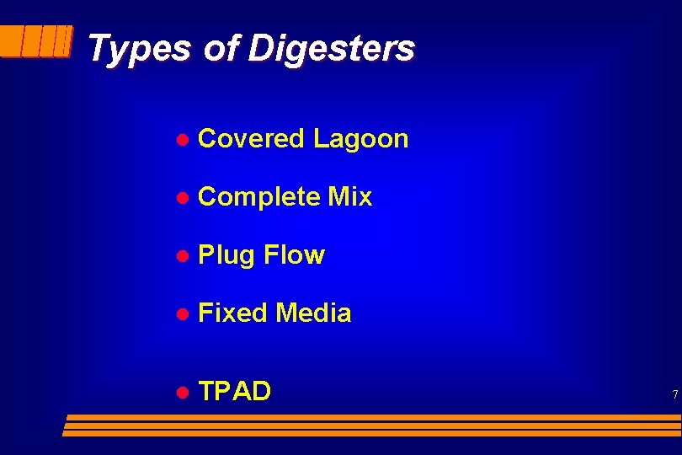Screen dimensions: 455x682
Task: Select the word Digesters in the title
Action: point(331,48)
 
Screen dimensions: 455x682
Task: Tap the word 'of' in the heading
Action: point(221,48)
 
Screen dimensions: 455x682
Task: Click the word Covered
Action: point(251,139)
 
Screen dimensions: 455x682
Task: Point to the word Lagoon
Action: point(360,139)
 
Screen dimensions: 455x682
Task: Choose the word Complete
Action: point(258,197)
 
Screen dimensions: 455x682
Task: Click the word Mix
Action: point(350,197)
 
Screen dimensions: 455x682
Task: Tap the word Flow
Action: point(294,254)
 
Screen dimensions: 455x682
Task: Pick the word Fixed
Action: point(232,313)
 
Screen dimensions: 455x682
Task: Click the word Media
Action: point(313,313)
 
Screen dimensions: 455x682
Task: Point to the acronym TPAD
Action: point(235,391)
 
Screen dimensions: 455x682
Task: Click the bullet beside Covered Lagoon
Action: point(180,140)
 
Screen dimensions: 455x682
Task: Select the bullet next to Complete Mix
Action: point(180,198)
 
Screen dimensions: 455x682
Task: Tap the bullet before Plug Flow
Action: point(180,255)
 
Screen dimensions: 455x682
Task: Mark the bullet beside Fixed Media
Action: point(180,314)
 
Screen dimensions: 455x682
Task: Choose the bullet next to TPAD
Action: point(180,392)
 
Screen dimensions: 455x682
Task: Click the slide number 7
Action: point(674,394)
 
